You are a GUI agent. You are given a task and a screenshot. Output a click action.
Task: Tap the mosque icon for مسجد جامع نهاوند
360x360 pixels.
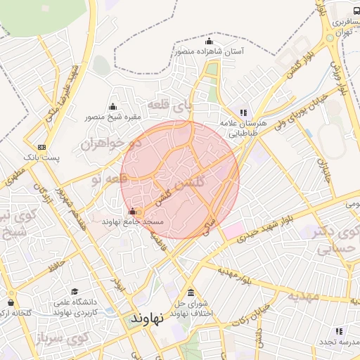pos(132,212)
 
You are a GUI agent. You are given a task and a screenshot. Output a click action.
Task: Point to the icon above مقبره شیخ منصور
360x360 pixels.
pos(112,107)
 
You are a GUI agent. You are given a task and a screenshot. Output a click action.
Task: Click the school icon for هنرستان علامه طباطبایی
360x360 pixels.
pos(243,112)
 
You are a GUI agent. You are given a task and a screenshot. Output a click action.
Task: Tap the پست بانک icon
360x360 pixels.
pos(42,148)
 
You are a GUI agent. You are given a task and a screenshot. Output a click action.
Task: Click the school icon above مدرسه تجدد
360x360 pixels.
pos(339,330)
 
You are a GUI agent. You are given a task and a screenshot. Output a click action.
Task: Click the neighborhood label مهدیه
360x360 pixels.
pos(303,296)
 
